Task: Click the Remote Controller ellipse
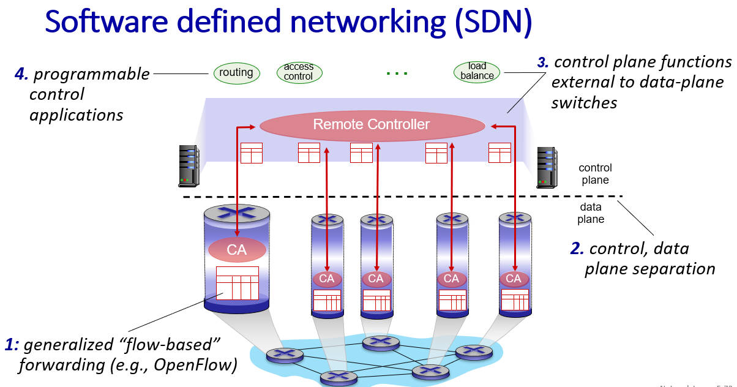[372, 125]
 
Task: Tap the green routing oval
[236, 73]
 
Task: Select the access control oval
[299, 72]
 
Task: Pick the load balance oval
[477, 71]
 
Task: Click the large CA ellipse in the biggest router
[237, 250]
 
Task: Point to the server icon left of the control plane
[189, 165]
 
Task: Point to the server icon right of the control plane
[547, 167]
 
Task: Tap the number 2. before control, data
[577, 249]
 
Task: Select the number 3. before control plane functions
[543, 62]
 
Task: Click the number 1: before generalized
[12, 345]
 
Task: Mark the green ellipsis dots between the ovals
[397, 73]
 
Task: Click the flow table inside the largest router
[237, 283]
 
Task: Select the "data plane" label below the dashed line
[591, 213]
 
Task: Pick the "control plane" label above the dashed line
[595, 174]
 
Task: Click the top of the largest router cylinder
[237, 213]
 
